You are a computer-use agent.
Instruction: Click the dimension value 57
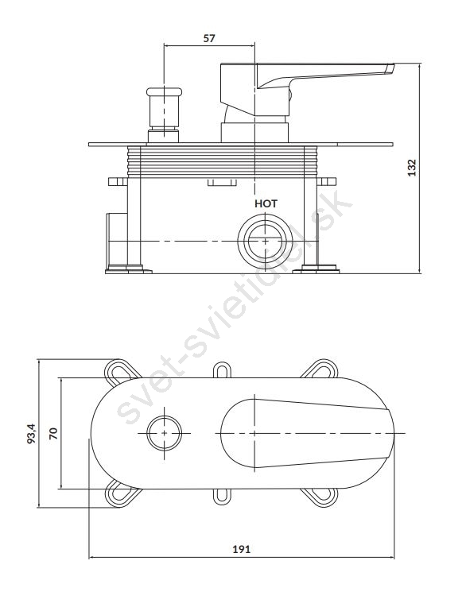click(209, 38)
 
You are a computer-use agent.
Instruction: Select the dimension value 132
click(411, 168)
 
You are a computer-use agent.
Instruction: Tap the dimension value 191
click(241, 549)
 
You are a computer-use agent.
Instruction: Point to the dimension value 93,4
click(32, 432)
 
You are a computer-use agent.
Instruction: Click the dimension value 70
click(53, 433)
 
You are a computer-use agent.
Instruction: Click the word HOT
click(266, 203)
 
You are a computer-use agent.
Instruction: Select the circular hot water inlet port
click(266, 240)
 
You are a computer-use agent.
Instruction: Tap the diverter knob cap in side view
click(164, 91)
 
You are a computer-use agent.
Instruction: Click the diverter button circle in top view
click(164, 433)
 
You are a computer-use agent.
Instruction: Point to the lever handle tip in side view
click(390, 68)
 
